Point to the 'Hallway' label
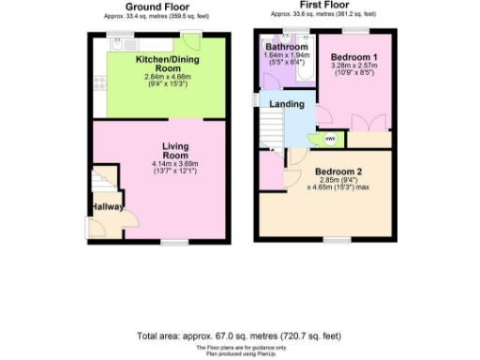107,207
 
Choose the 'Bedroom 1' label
353,57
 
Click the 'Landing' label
286,104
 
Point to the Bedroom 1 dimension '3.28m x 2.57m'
353,69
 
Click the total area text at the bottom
239,335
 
